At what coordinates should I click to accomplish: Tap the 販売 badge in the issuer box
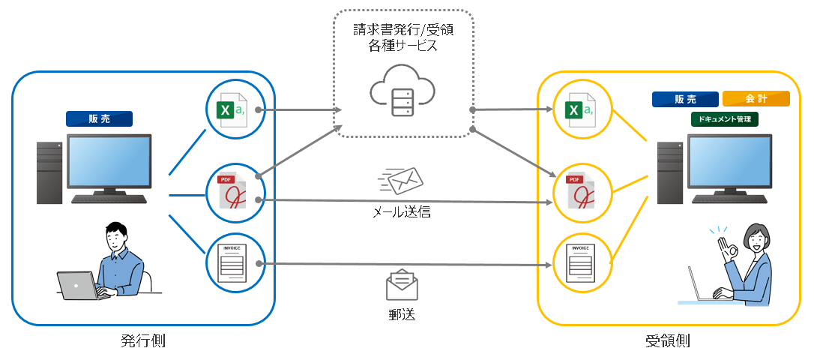[x=99, y=118]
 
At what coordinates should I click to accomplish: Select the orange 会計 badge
[x=756, y=99]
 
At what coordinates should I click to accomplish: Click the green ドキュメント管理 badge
[x=724, y=118]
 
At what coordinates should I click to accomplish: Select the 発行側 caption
[x=142, y=341]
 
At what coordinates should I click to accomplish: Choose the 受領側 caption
[x=668, y=341]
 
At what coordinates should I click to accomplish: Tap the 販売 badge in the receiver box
[x=685, y=99]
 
